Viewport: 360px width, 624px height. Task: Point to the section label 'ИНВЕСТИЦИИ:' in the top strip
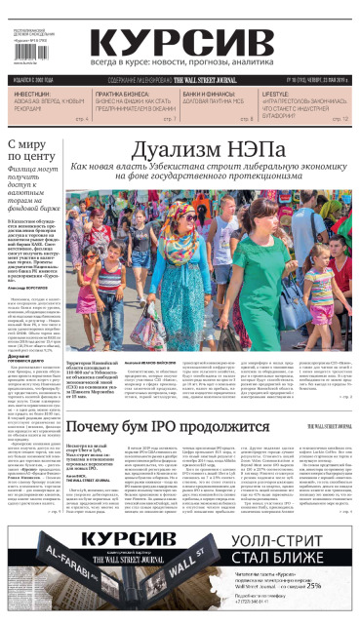point(31,95)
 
